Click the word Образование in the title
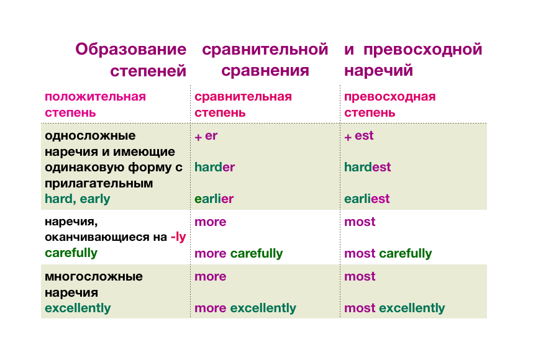tap(131, 50)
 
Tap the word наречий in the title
tap(378, 71)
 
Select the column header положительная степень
tap(95, 105)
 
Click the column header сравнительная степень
tap(243, 105)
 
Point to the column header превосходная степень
tap(389, 105)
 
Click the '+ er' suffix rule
tap(206, 136)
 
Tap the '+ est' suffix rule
tap(358, 136)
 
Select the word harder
tap(214, 167)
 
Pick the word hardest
tap(368, 167)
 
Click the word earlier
tap(214, 199)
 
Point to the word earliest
tap(367, 199)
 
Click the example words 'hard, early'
tap(78, 199)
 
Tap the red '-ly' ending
tap(178, 237)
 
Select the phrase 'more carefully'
tap(239, 254)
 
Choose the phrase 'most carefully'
tap(388, 254)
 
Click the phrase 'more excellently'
tap(245, 308)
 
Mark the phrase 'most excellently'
tap(394, 308)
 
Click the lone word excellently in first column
tap(78, 308)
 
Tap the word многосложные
tap(94, 276)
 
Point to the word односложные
tap(90, 136)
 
